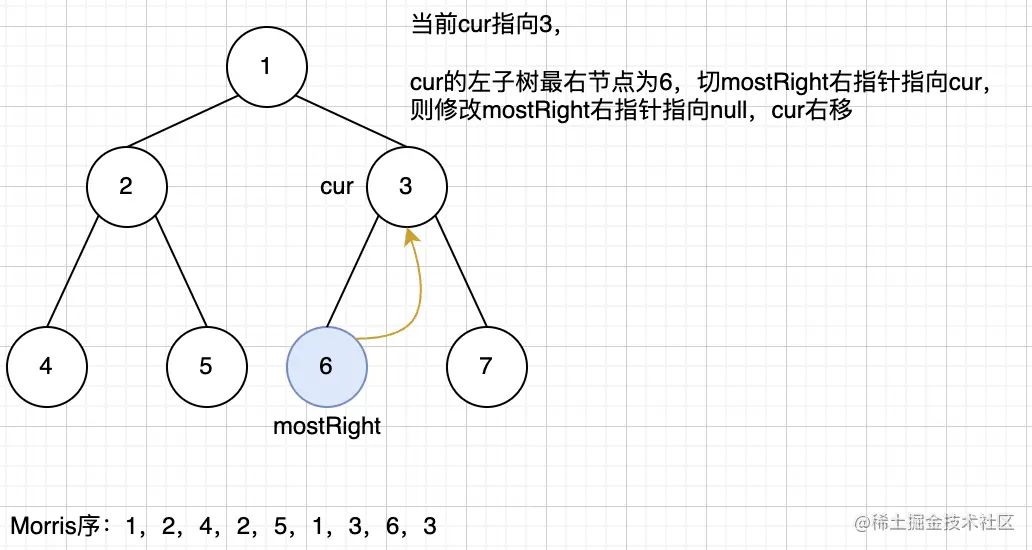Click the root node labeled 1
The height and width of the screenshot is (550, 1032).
(266, 67)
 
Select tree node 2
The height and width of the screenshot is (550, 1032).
(126, 186)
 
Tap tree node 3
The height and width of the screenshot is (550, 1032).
(406, 186)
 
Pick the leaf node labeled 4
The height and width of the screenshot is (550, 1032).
(46, 366)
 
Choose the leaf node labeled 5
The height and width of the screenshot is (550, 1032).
(206, 366)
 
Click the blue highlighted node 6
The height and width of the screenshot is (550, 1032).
(326, 366)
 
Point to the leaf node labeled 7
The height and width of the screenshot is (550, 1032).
(486, 366)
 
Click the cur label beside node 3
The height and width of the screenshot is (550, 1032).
(337, 187)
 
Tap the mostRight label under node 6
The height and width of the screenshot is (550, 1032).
(327, 426)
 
